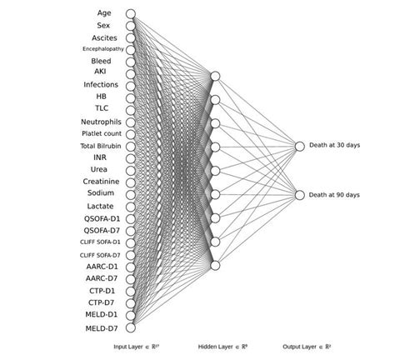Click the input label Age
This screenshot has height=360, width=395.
[103, 13]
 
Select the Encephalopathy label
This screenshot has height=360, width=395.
[102, 49]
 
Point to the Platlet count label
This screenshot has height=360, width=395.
[102, 133]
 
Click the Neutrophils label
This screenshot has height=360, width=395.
[101, 122]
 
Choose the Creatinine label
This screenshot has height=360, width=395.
[101, 182]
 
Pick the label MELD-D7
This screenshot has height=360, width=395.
[101, 328]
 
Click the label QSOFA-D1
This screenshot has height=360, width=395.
[101, 218]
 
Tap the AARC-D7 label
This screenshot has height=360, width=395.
[101, 278]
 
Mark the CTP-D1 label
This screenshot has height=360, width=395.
[101, 291]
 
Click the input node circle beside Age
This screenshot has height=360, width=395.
[130, 13]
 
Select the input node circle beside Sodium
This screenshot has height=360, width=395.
[130, 193]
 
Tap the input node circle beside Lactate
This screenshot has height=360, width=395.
[130, 206]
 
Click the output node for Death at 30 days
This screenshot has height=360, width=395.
[299, 146]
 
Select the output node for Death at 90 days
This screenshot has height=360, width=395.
[299, 195]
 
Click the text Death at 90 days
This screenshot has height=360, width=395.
[334, 195]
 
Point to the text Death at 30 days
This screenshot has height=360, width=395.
[334, 146]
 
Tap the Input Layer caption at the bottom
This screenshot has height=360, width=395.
[137, 346]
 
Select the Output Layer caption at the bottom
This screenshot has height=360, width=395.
[307, 346]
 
